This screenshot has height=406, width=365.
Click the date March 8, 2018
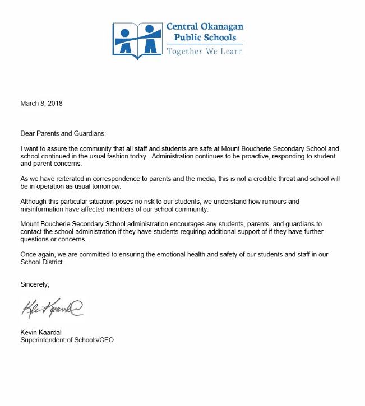tap(41, 104)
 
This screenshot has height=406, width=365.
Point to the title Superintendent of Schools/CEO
tap(67, 340)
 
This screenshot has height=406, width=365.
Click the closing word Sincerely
tap(35, 284)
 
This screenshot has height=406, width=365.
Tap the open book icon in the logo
tap(136, 40)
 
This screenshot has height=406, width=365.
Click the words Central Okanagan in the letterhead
tap(205, 27)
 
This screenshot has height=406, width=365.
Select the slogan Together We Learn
tap(205, 51)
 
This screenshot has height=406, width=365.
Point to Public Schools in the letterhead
tap(205, 38)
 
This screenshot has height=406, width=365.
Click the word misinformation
tap(44, 209)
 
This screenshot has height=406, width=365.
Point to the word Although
tap(33, 201)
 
